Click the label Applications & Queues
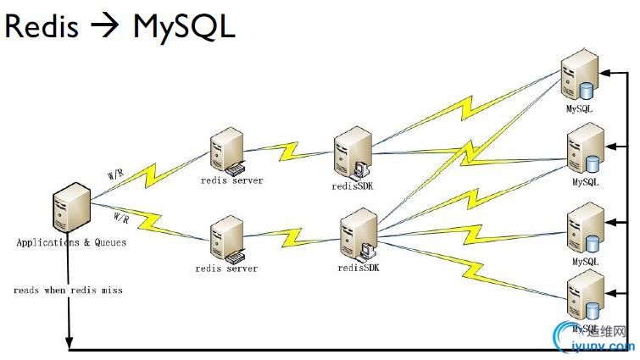tap(71, 242)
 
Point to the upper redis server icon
tap(229, 151)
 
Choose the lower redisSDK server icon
tap(357, 235)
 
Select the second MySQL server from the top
tap(587, 149)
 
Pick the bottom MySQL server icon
tap(584, 295)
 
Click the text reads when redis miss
tap(68, 290)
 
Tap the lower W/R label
tap(120, 219)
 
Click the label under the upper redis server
tap(231, 180)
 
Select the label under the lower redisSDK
tap(359, 268)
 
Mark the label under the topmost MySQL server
tap(580, 109)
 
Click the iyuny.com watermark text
tap(603, 346)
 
